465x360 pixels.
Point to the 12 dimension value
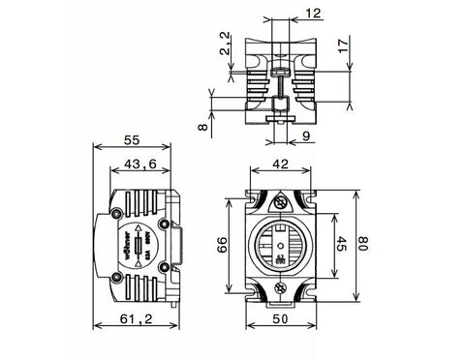(285, 13)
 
